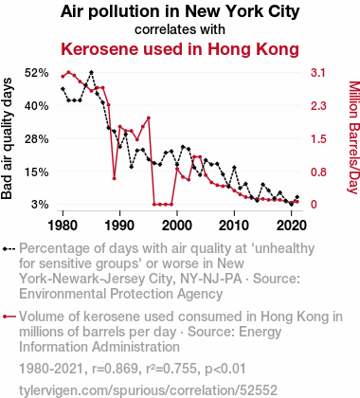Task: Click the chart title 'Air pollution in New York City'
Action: click(x=180, y=12)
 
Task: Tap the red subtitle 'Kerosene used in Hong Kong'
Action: click(x=180, y=49)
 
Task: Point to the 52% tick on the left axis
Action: click(x=37, y=73)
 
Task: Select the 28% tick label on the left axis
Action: click(x=37, y=139)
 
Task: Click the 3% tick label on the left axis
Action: click(x=40, y=205)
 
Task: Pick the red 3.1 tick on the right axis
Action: click(x=318, y=73)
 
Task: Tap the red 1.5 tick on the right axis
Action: click(x=318, y=139)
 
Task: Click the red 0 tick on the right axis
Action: click(x=314, y=205)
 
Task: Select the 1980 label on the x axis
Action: click(x=63, y=226)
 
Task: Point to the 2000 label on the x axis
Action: click(x=177, y=226)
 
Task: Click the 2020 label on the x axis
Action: click(x=291, y=226)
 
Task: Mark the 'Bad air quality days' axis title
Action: click(x=7, y=138)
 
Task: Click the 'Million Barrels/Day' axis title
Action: click(x=354, y=137)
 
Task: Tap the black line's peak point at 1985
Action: click(x=91, y=72)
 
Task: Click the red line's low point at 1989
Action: click(x=115, y=178)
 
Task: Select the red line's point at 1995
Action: click(x=149, y=118)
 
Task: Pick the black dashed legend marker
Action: click(x=9, y=249)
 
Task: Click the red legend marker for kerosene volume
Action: click(x=9, y=317)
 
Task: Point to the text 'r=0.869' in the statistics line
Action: click(x=115, y=369)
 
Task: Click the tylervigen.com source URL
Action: click(x=148, y=390)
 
